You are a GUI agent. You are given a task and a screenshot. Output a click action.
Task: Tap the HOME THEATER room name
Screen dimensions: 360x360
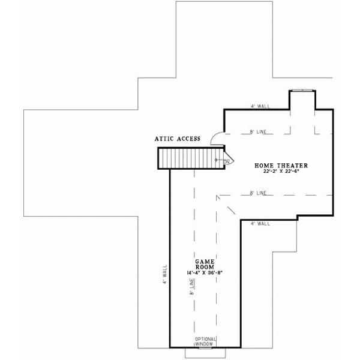coord(281,164)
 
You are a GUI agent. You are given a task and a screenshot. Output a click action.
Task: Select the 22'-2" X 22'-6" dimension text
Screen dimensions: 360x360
coord(281,171)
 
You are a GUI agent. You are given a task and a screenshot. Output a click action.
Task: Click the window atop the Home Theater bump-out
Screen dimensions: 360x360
coord(301,91)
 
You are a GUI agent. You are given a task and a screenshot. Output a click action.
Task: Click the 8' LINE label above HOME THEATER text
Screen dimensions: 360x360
coord(257,131)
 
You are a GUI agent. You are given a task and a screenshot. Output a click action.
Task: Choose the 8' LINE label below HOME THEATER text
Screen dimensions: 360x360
coord(257,193)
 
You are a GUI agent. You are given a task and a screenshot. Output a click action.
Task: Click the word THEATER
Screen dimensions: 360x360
coord(293,164)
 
